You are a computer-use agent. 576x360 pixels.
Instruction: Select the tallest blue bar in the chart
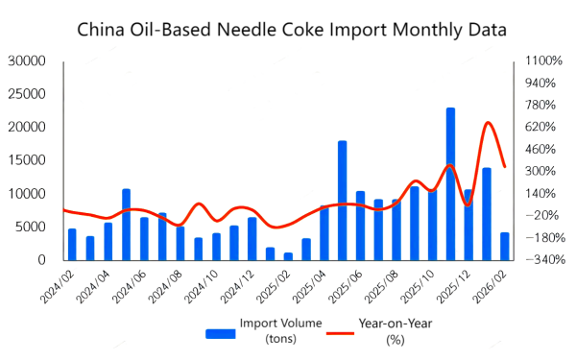[x=450, y=183]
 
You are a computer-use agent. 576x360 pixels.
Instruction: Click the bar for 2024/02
[x=72, y=244]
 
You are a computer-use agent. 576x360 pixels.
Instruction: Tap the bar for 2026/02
[x=504, y=246]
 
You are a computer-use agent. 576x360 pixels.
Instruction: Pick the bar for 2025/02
[x=288, y=255]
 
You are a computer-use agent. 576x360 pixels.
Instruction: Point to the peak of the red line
[x=489, y=122]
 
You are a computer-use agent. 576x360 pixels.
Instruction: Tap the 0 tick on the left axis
[x=41, y=260]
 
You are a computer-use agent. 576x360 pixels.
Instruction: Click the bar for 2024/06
[x=144, y=238]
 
